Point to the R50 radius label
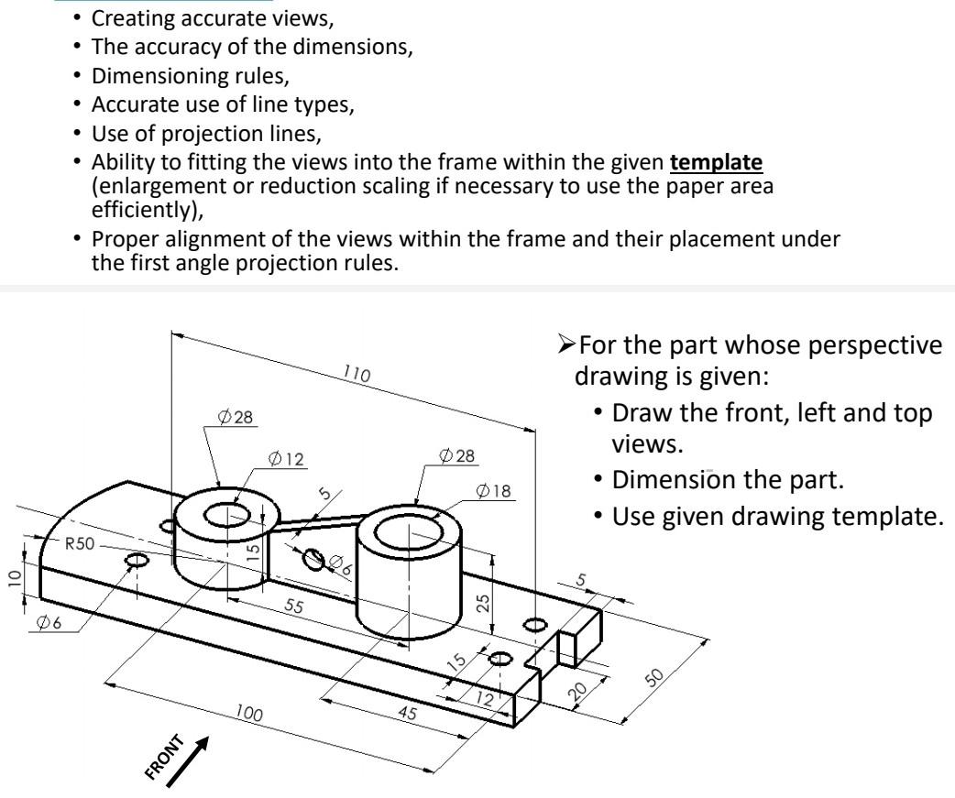point(80,541)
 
